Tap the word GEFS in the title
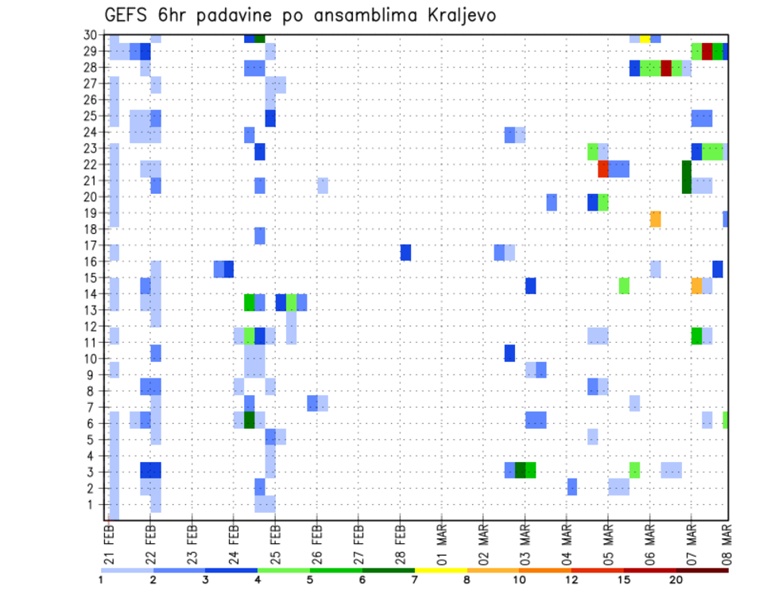tap(128, 15)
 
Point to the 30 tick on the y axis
tap(92, 35)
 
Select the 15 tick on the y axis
tap(92, 278)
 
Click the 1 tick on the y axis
tap(95, 503)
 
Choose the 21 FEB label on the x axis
tap(110, 541)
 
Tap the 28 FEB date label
tap(400, 541)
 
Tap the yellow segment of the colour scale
tap(441, 569)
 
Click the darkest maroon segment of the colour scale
tap(702, 569)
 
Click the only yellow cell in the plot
tap(645, 37)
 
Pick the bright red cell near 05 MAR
tap(603, 169)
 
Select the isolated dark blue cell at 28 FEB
tap(405, 252)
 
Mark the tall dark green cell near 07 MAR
tap(686, 177)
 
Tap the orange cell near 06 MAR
tap(656, 219)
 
